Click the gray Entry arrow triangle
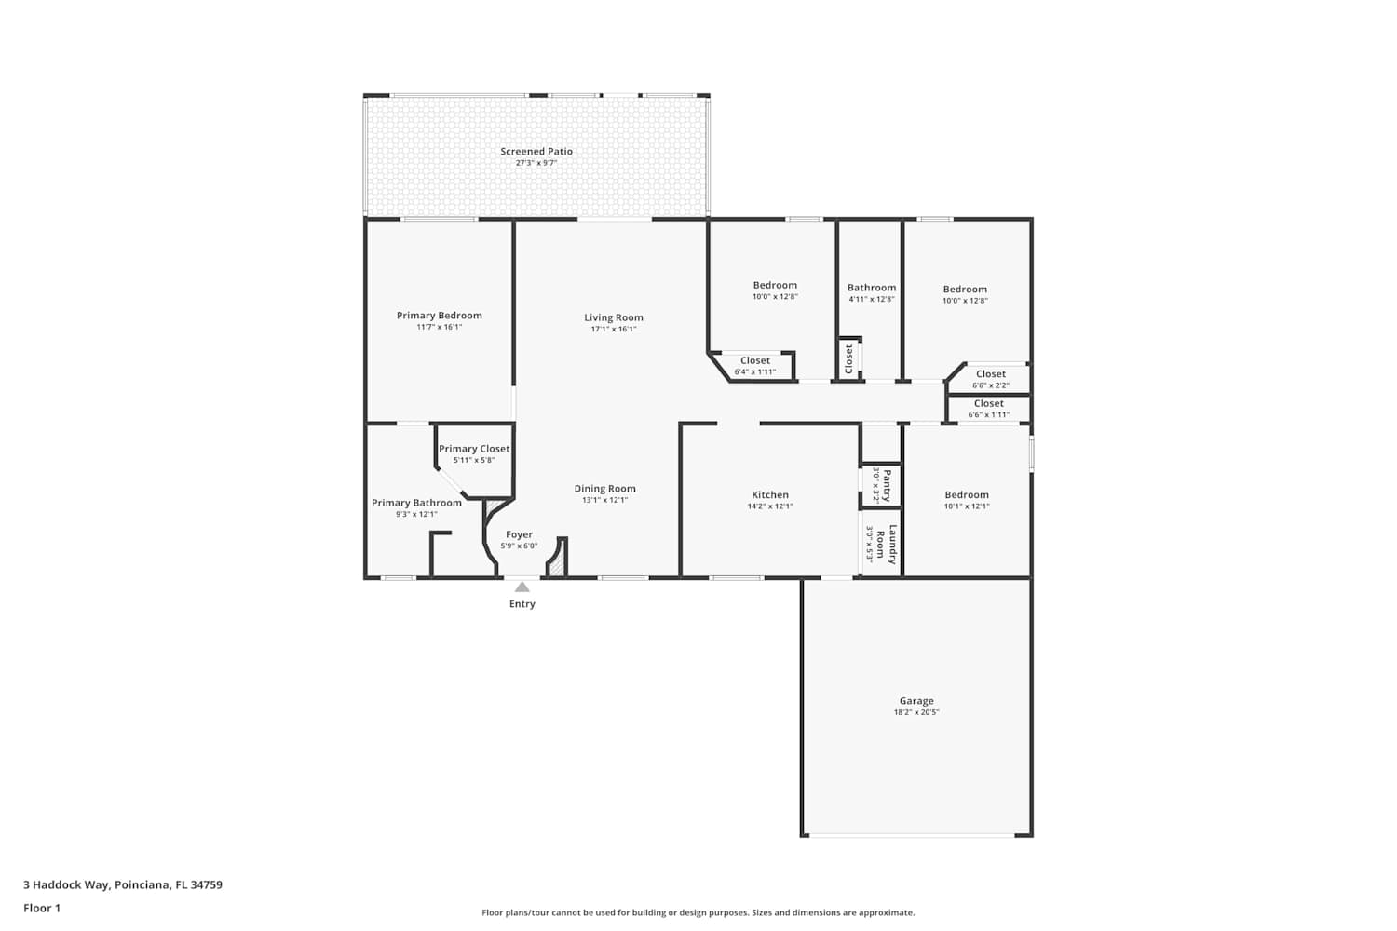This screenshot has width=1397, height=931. pos(522,587)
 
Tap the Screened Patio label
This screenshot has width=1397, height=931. pos(536,151)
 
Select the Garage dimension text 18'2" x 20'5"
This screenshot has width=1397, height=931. pos(916,712)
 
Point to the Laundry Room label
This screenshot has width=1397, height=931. pos(887,545)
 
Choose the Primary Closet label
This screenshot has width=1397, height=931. pos(474,449)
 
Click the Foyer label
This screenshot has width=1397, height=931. pos(519,534)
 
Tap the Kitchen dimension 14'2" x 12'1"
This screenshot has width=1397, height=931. pos(770,506)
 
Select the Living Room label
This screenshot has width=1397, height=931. pos(614,318)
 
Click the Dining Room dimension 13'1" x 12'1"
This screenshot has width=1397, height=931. pos(605,500)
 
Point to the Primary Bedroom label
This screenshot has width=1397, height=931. pos(439,316)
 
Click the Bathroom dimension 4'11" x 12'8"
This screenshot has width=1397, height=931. pos(872,299)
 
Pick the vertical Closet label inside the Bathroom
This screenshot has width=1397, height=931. pos(848,359)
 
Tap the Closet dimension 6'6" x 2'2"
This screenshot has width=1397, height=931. pos(990,385)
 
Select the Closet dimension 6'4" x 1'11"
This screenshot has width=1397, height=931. pos(755,371)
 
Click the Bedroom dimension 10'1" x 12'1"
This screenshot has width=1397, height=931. pos(967,506)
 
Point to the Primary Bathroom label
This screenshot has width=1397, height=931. pos(416,503)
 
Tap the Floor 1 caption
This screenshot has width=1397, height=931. pos(42,908)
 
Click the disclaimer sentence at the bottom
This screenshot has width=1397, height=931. pos(698,912)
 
